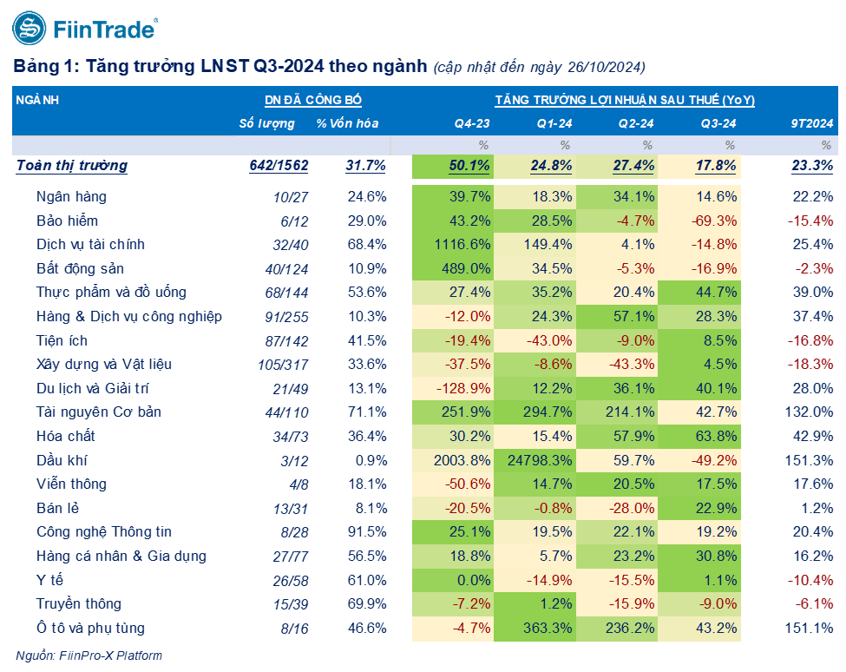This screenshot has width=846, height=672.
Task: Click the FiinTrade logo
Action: tap(84, 30)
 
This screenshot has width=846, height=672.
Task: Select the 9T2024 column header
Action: tap(812, 123)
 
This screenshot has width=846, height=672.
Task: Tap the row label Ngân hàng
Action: tap(71, 197)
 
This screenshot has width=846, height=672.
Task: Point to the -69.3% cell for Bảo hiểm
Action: tap(714, 221)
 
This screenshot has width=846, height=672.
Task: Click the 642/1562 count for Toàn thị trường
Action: tap(279, 166)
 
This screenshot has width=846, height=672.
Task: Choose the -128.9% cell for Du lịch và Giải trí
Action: tap(460, 388)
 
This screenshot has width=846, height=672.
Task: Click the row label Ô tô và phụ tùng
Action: tap(90, 628)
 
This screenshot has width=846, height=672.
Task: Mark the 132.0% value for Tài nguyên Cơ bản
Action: tap(812, 412)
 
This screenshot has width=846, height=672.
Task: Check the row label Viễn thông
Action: tap(71, 484)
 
